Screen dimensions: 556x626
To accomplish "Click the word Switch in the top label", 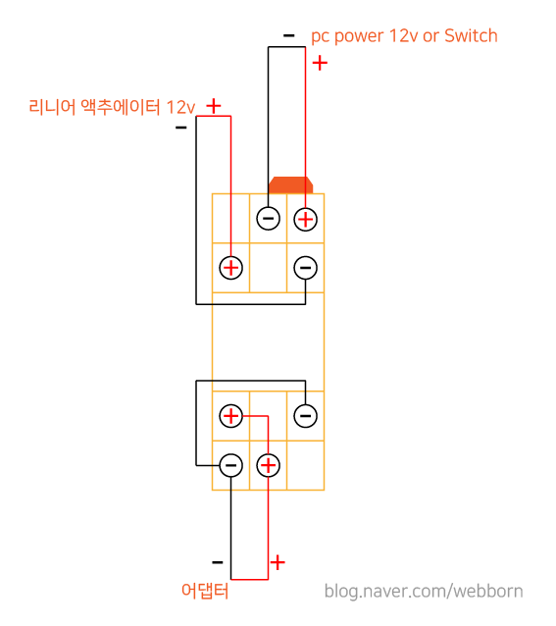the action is pyautogui.click(x=471, y=36).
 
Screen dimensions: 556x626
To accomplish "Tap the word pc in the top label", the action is pyautogui.click(x=321, y=37).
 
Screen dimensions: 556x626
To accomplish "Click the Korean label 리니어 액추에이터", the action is pyautogui.click(x=94, y=107).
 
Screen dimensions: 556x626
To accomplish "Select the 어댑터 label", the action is pyautogui.click(x=205, y=591).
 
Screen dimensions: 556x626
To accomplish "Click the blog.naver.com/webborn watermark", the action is pyautogui.click(x=424, y=592).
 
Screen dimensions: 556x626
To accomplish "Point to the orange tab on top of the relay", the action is pyautogui.click(x=291, y=185).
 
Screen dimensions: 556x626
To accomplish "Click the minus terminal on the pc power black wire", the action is pyautogui.click(x=269, y=219).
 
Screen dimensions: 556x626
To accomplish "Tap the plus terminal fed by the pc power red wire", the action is pyautogui.click(x=306, y=220).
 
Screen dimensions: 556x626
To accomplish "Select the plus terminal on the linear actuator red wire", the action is pyautogui.click(x=231, y=268).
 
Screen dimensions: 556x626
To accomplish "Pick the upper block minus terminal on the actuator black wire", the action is pyautogui.click(x=306, y=268).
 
